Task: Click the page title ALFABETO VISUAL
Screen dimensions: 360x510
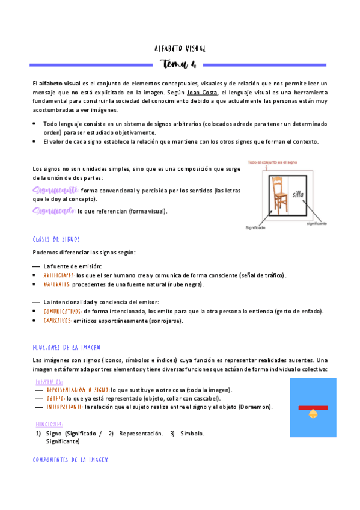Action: tap(180, 49)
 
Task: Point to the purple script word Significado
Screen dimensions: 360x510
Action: tap(53, 211)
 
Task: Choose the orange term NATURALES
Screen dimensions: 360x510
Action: tap(56, 284)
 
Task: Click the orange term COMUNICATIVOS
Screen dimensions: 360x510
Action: tap(63, 312)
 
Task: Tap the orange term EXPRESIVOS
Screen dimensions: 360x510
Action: tap(57, 321)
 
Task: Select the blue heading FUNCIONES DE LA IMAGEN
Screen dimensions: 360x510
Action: tap(67, 348)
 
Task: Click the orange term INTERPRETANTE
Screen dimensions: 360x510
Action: tap(63, 407)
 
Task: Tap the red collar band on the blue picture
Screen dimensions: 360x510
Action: tap(313, 407)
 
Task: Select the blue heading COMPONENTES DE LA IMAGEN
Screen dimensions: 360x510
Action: tap(70, 459)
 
